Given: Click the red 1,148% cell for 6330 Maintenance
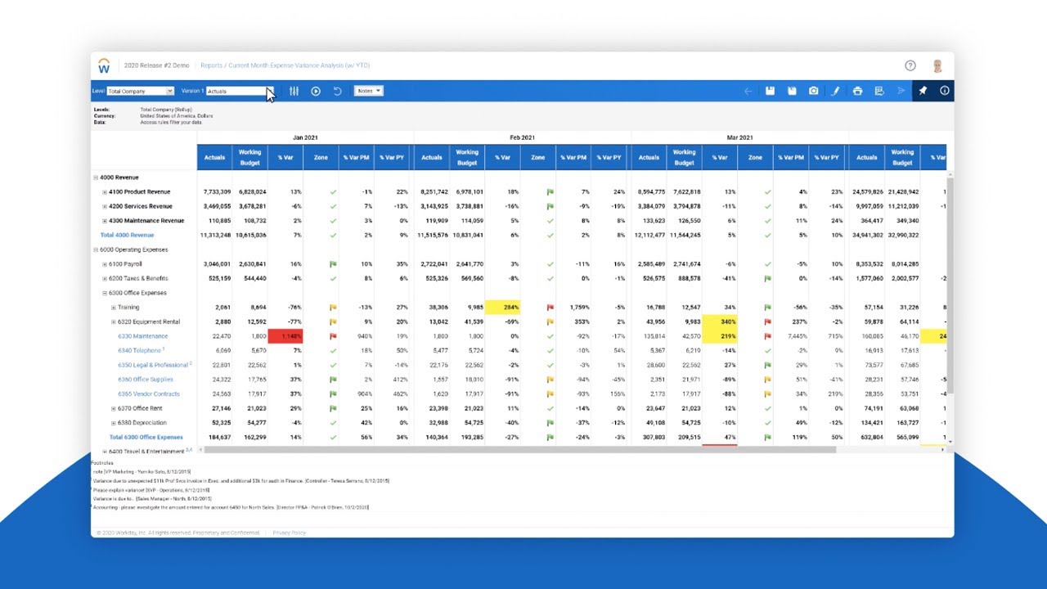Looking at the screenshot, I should click(285, 336).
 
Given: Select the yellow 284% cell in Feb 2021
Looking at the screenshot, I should click(503, 308).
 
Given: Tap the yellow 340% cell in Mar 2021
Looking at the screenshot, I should click(720, 321).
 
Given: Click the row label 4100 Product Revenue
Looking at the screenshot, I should click(140, 192).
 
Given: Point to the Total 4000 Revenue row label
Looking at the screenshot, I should click(127, 235).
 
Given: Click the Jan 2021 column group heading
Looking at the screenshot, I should click(305, 137).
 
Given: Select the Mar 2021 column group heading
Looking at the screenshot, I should click(739, 137).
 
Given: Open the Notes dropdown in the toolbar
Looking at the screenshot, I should click(368, 91).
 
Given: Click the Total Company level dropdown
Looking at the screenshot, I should click(141, 91).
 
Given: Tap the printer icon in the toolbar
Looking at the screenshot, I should click(857, 91).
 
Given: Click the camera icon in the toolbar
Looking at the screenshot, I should click(813, 91).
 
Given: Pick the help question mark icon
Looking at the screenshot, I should click(910, 65).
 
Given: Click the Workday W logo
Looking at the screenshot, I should click(104, 65).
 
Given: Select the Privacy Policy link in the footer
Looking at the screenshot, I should click(290, 533).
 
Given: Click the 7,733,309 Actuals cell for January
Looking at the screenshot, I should click(216, 192).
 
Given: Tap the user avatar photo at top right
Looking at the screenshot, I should click(937, 65).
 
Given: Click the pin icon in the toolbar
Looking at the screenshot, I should click(923, 91).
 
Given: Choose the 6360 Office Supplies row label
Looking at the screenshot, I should click(146, 380).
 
